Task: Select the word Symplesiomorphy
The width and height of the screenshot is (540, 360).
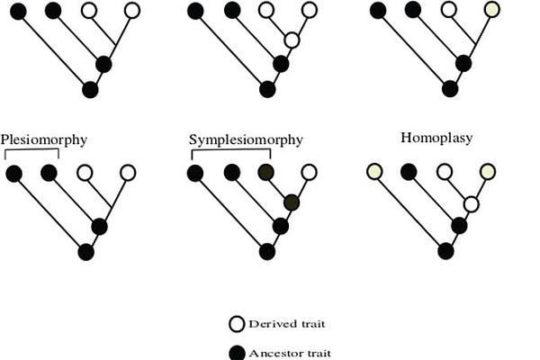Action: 246,140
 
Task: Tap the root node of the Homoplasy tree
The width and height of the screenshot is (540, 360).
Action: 445,250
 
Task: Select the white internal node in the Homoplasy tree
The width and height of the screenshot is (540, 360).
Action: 471,204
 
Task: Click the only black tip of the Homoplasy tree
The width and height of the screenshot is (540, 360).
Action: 409,171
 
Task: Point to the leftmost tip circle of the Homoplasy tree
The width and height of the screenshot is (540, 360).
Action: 374,171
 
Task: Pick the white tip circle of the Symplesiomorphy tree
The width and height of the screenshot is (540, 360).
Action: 309,171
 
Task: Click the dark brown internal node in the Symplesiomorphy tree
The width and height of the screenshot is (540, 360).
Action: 291,203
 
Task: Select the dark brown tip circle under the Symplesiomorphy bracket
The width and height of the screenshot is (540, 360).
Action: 265,171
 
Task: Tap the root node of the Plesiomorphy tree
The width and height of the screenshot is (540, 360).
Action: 86,251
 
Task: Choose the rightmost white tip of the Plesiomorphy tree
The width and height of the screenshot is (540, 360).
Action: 128,171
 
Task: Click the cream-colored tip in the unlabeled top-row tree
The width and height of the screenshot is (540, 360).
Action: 490,11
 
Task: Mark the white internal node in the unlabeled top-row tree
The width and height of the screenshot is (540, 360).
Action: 291,40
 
